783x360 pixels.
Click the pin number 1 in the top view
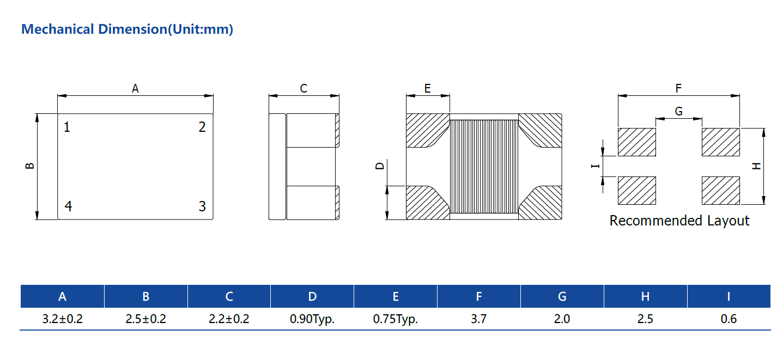click(67, 127)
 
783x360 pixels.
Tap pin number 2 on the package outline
click(202, 127)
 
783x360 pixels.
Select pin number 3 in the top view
click(202, 206)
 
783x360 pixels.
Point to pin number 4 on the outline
click(68, 206)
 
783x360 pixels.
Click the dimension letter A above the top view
click(135, 88)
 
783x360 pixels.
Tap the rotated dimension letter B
click(30, 166)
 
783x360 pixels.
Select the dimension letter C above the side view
click(304, 88)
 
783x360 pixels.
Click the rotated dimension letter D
click(380, 166)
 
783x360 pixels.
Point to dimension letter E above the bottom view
click(428, 88)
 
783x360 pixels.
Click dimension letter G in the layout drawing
click(678, 112)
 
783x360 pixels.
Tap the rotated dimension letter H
click(756, 166)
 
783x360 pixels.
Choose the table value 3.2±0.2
click(63, 319)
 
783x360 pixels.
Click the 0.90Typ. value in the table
click(312, 319)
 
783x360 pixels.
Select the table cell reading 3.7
click(478, 319)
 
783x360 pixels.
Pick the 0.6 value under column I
click(729, 319)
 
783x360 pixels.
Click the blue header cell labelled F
click(479, 296)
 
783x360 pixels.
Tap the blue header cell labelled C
click(229, 296)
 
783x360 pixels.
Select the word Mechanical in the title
click(58, 29)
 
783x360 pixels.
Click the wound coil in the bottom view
click(484, 166)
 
